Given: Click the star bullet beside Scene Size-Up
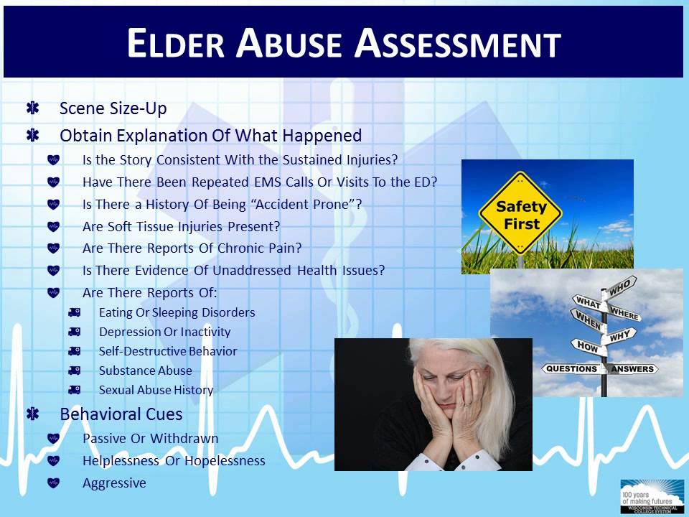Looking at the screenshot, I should (32, 108).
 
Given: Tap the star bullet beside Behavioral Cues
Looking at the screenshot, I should (32, 414).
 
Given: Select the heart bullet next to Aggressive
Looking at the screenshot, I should (54, 483).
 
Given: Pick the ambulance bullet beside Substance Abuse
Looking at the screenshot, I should (74, 371).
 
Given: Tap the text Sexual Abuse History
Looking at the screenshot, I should (156, 391).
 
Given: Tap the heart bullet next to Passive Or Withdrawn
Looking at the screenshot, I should (54, 438).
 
